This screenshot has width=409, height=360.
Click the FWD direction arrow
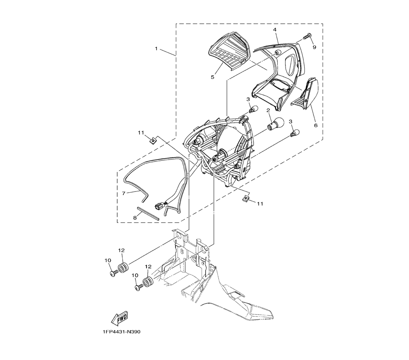tap(119, 318)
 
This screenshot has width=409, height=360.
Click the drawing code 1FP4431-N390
tap(120, 332)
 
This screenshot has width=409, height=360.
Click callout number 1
tap(156, 49)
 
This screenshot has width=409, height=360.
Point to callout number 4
tap(275, 29)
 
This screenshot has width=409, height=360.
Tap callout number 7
tap(124, 193)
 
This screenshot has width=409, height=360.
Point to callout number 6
tap(316, 126)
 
